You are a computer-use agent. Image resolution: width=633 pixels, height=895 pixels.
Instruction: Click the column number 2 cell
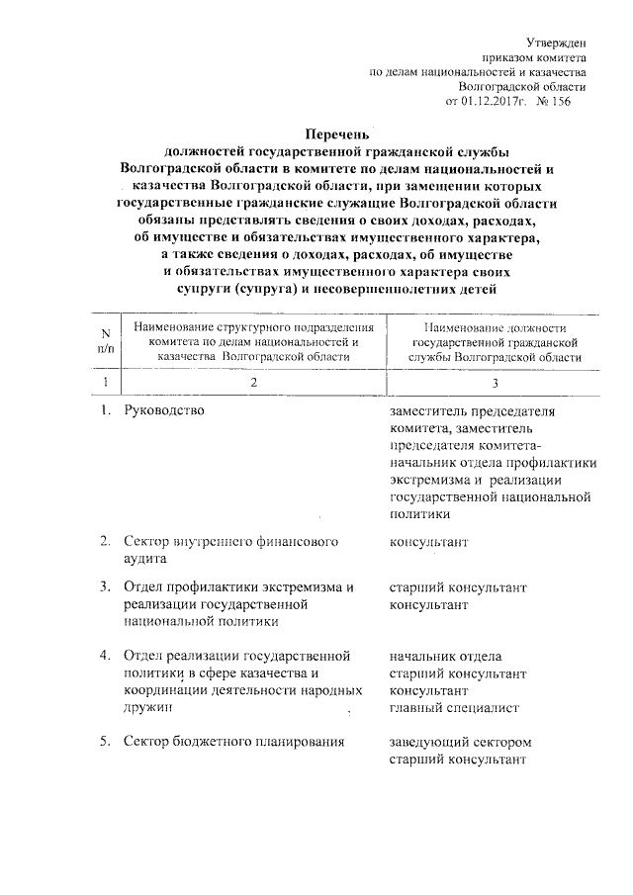click(x=253, y=383)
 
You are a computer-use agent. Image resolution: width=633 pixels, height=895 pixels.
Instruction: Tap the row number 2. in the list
click(x=105, y=543)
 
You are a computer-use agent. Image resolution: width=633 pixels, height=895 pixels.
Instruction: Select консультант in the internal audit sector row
click(x=429, y=543)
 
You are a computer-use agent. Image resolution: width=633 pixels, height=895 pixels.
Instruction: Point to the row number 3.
click(x=105, y=587)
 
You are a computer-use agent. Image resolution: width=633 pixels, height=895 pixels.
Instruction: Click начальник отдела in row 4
click(x=445, y=657)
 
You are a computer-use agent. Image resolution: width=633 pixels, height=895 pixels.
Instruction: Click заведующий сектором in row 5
click(x=462, y=742)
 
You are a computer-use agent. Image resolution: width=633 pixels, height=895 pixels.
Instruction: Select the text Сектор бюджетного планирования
click(x=233, y=742)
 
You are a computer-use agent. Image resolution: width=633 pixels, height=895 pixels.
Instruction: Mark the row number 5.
click(x=105, y=742)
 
